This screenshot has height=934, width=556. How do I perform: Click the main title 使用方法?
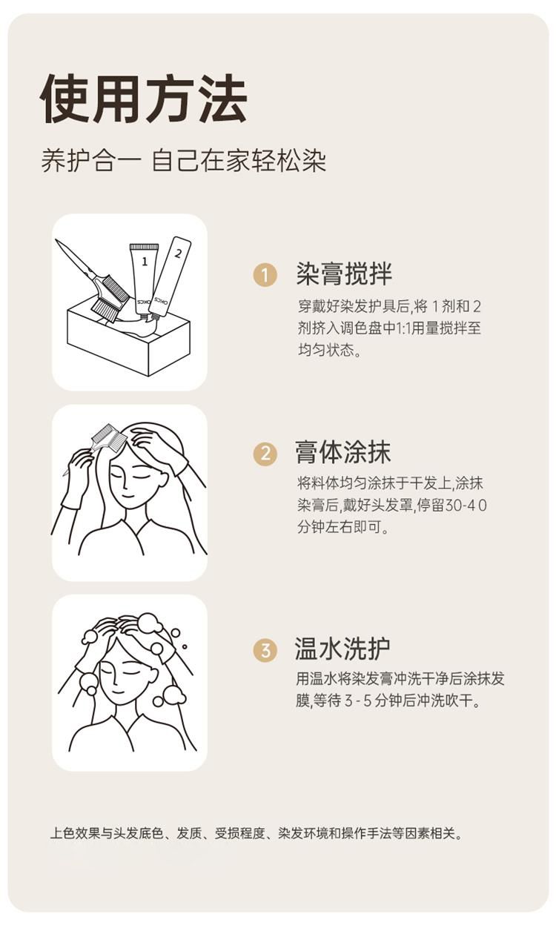[x=144, y=99]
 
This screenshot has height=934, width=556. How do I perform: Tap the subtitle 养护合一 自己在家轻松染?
[x=183, y=161]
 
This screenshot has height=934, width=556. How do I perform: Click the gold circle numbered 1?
[x=265, y=275]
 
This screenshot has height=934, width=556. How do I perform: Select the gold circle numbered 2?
[x=265, y=453]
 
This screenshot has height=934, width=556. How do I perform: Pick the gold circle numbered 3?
[x=265, y=650]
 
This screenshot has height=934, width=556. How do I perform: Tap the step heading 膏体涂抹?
[x=342, y=451]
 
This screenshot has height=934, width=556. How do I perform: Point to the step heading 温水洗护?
[x=342, y=649]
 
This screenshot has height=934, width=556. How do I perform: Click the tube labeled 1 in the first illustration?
[x=144, y=279]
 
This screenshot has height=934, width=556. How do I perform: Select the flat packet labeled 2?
[x=171, y=276]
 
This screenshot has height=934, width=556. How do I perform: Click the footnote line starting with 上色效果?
[x=256, y=833]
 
